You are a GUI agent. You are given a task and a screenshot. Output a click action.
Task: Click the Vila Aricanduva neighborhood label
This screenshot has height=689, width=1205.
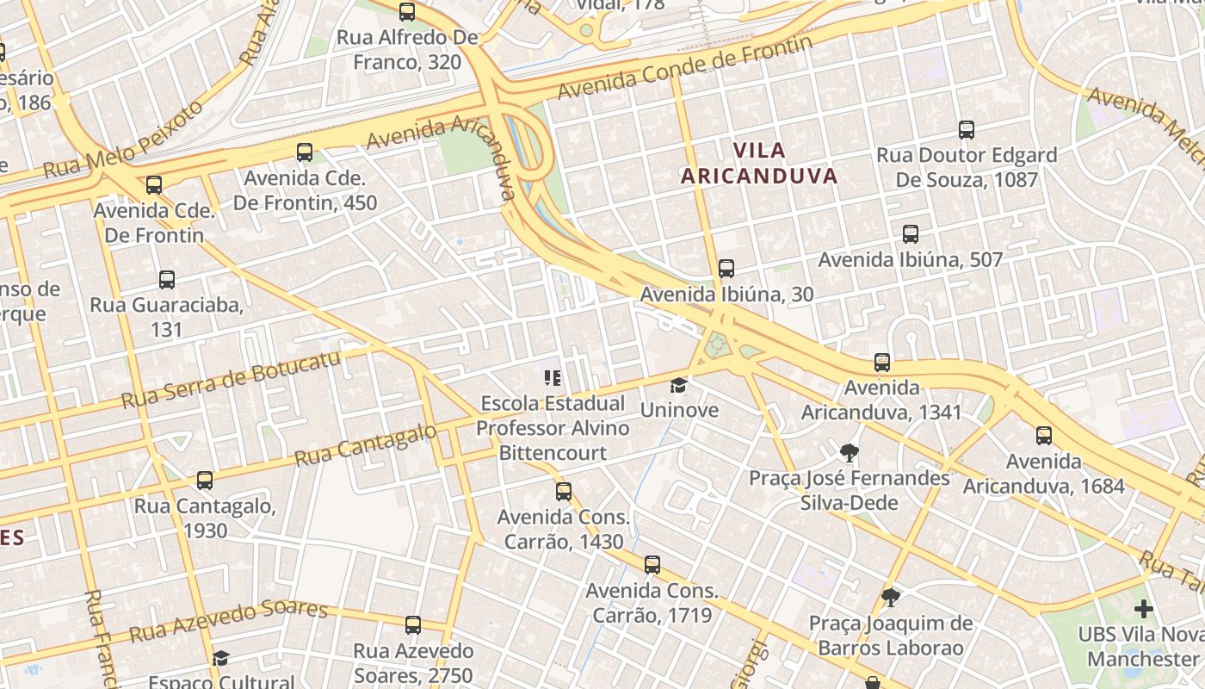[x=758, y=164]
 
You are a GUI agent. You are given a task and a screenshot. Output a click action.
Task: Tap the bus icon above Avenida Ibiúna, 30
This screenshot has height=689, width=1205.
[x=726, y=269]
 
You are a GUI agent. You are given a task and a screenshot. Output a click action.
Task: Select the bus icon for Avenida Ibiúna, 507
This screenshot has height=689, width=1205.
[x=910, y=234]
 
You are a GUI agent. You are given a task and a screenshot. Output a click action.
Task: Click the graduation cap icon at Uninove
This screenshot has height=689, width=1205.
[x=679, y=385]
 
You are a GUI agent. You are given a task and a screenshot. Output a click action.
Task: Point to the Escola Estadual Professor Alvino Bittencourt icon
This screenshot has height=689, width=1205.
[x=552, y=377]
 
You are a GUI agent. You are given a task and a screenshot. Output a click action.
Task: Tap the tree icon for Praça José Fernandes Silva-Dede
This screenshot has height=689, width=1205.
[x=850, y=452]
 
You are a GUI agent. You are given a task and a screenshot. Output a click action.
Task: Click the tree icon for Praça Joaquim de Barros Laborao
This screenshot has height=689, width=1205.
[x=891, y=597]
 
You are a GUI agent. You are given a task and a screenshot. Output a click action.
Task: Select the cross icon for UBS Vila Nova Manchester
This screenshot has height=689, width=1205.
[x=1143, y=610]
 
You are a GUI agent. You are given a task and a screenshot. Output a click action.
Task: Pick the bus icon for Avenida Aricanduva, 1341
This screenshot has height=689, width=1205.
[x=881, y=363]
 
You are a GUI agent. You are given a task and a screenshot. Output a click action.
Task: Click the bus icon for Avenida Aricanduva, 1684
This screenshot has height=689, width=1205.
[x=1044, y=436]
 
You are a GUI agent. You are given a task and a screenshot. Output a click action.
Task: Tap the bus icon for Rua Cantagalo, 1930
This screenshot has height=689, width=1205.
[x=205, y=481]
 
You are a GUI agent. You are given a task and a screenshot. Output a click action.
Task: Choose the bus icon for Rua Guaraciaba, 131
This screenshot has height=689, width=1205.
[x=167, y=280]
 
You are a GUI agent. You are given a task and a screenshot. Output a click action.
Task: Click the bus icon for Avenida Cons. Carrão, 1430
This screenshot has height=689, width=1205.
[x=564, y=492]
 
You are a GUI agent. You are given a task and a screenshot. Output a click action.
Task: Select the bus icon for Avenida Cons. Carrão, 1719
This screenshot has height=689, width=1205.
[x=652, y=565]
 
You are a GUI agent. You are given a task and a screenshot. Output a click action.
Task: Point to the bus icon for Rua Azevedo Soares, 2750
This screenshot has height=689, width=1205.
[x=413, y=625]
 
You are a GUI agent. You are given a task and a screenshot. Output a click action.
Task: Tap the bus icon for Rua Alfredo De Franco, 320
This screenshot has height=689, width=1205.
[x=407, y=12]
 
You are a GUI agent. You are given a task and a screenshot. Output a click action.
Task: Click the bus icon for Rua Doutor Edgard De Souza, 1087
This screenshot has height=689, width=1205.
[x=967, y=130]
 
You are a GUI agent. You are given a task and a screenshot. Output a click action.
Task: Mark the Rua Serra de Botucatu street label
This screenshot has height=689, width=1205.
[x=231, y=381]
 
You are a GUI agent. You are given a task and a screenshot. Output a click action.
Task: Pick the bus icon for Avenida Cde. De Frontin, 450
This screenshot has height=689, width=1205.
[x=305, y=152]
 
